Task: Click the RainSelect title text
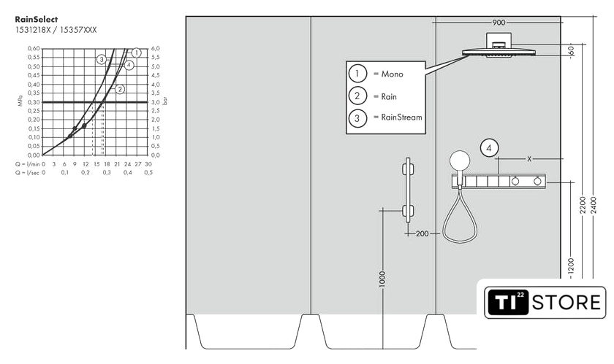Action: click(x=36, y=19)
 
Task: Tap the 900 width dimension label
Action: click(x=499, y=23)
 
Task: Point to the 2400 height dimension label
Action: click(x=594, y=205)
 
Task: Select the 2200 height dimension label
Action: click(x=583, y=205)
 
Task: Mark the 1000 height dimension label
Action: click(x=382, y=279)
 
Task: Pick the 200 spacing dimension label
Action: click(x=422, y=234)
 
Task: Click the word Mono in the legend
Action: click(x=392, y=74)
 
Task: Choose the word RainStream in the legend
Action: click(x=402, y=117)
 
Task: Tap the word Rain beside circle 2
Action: click(x=389, y=96)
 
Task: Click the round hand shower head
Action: click(x=460, y=160)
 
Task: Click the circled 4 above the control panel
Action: click(x=489, y=148)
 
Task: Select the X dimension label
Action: click(x=529, y=159)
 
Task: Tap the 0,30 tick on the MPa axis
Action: click(x=34, y=101)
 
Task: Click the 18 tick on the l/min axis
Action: click(x=107, y=165)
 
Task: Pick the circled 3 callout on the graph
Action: click(x=102, y=59)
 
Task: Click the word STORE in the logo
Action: click(x=566, y=303)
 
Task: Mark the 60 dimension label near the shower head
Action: click(x=571, y=51)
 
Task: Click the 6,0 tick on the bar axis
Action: click(x=156, y=48)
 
